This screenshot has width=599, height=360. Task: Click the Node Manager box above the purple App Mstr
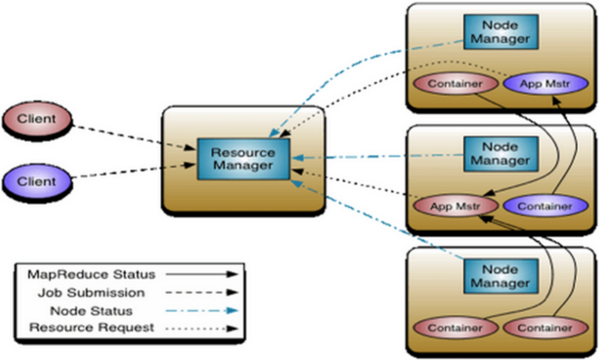(498, 31)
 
